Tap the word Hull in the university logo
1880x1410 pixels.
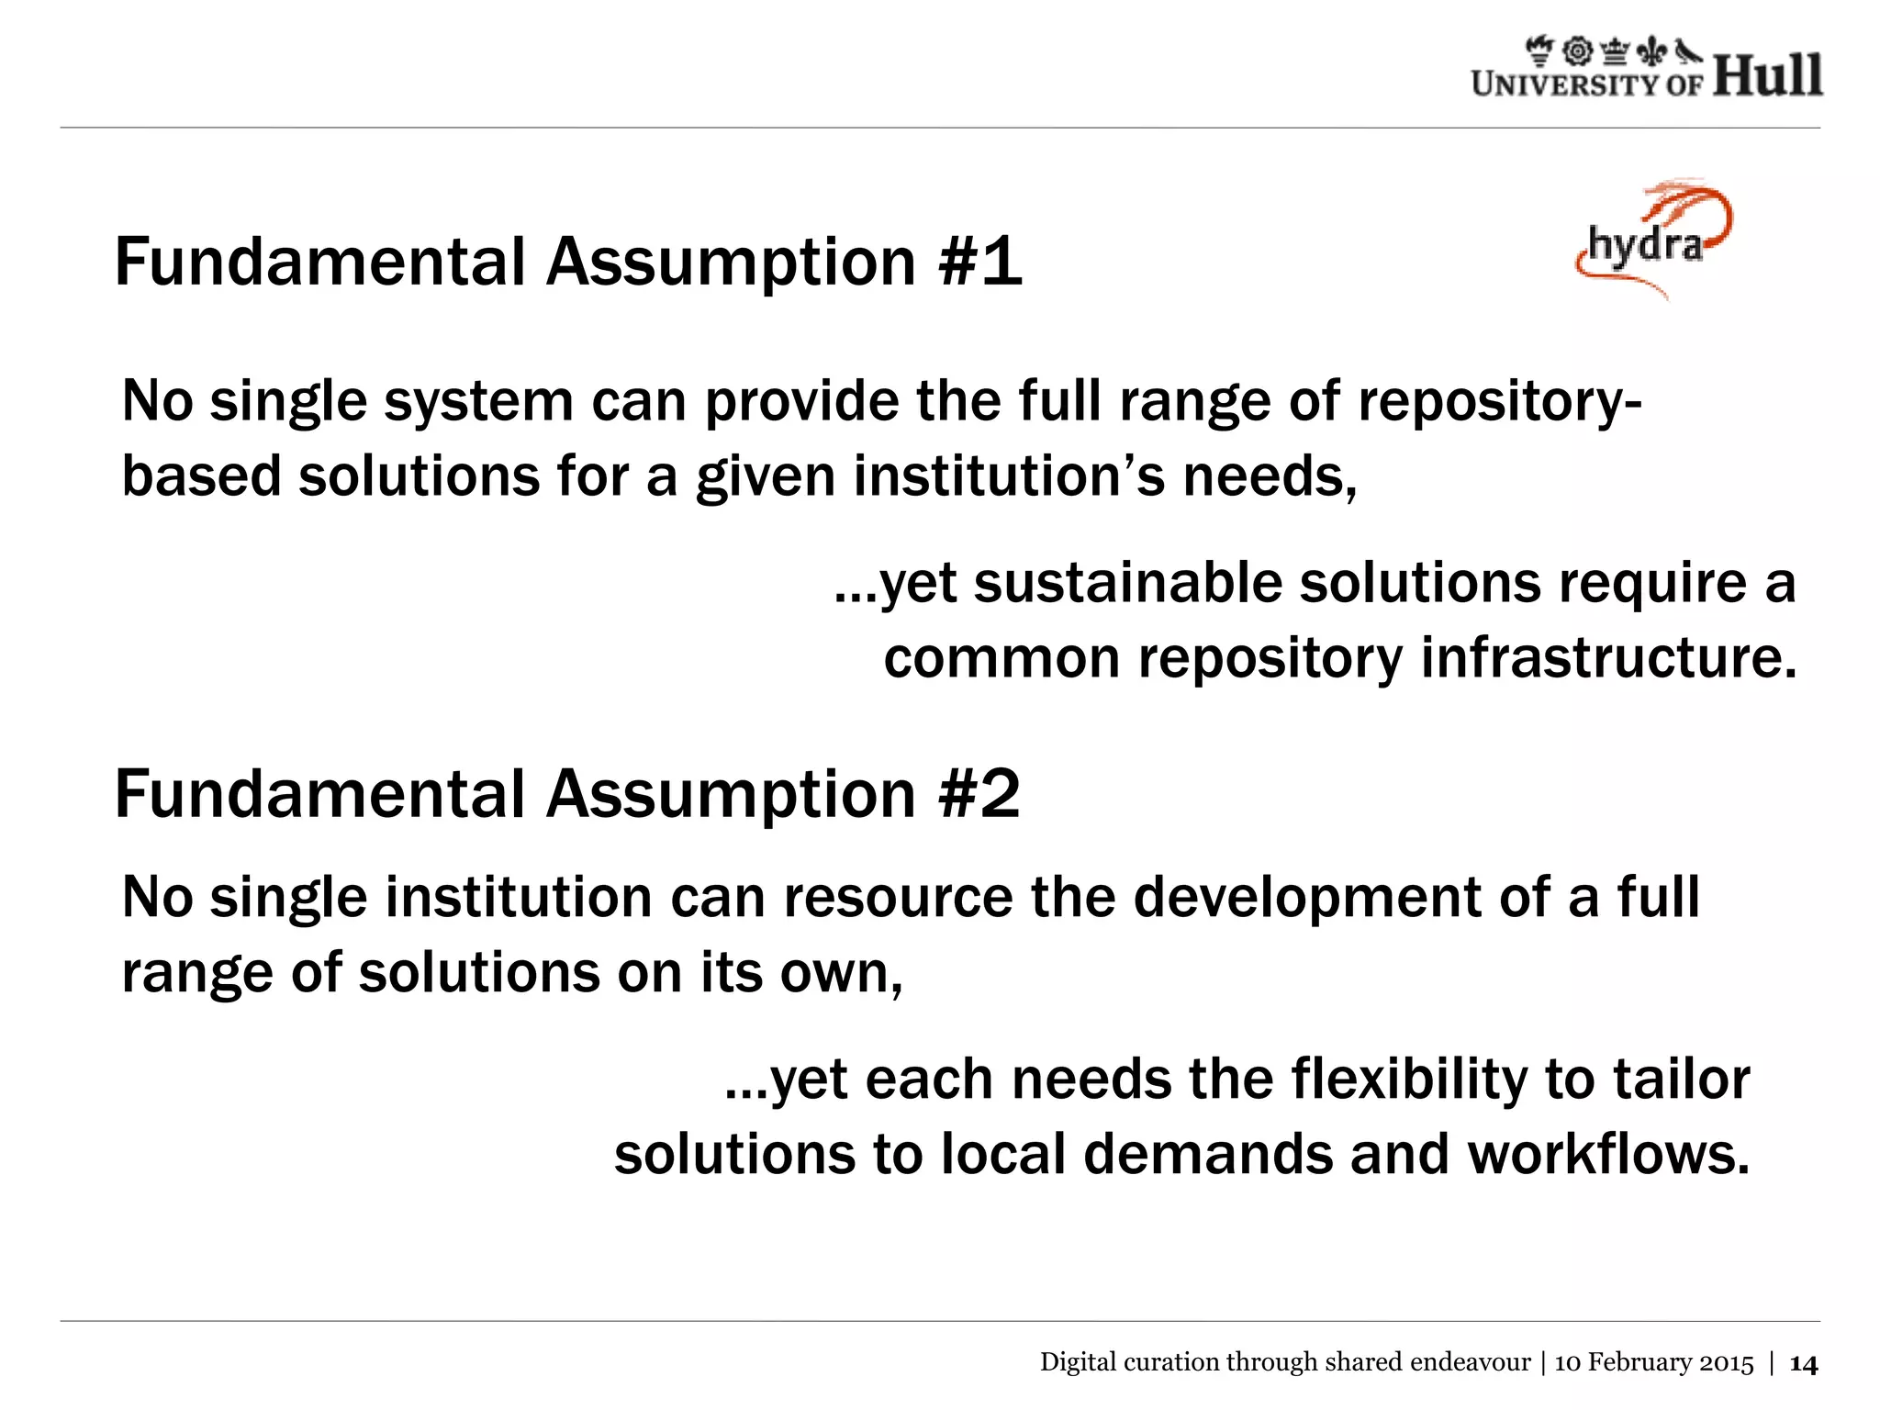tap(1767, 75)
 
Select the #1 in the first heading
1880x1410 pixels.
tap(980, 263)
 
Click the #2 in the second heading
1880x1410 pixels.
tap(979, 794)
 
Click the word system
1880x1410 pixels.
tap(478, 403)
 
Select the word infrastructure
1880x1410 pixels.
tap(1607, 658)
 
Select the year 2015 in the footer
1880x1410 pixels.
tap(1727, 1362)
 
